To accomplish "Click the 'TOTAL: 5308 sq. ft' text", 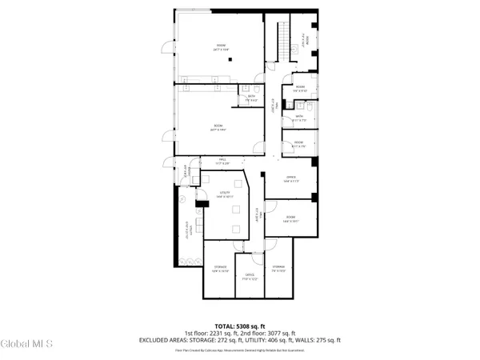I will pos(239,326).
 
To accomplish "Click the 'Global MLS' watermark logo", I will pos(26,344).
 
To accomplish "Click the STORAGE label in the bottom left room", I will pos(219,267).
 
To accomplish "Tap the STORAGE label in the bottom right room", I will pos(278,266).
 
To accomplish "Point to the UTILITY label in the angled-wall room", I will pos(225,193).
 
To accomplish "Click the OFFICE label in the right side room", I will pos(291,178).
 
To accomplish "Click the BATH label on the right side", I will pos(298,117).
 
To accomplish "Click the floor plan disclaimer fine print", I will pos(239,350).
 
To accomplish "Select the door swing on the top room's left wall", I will pos(166,47).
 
